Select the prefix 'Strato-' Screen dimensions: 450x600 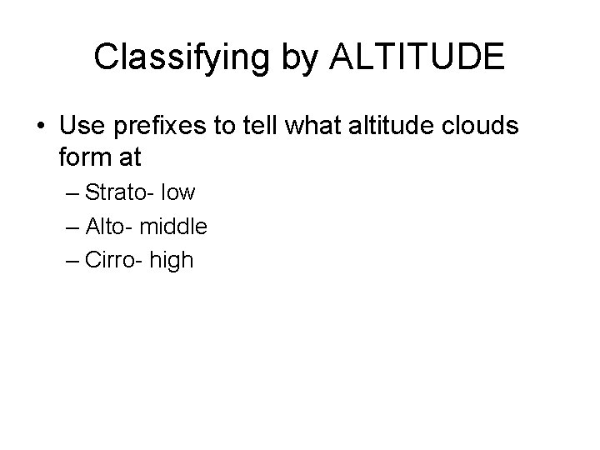[x=119, y=193]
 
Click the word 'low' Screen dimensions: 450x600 [x=179, y=193]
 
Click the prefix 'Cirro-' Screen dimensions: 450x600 [x=114, y=260]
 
